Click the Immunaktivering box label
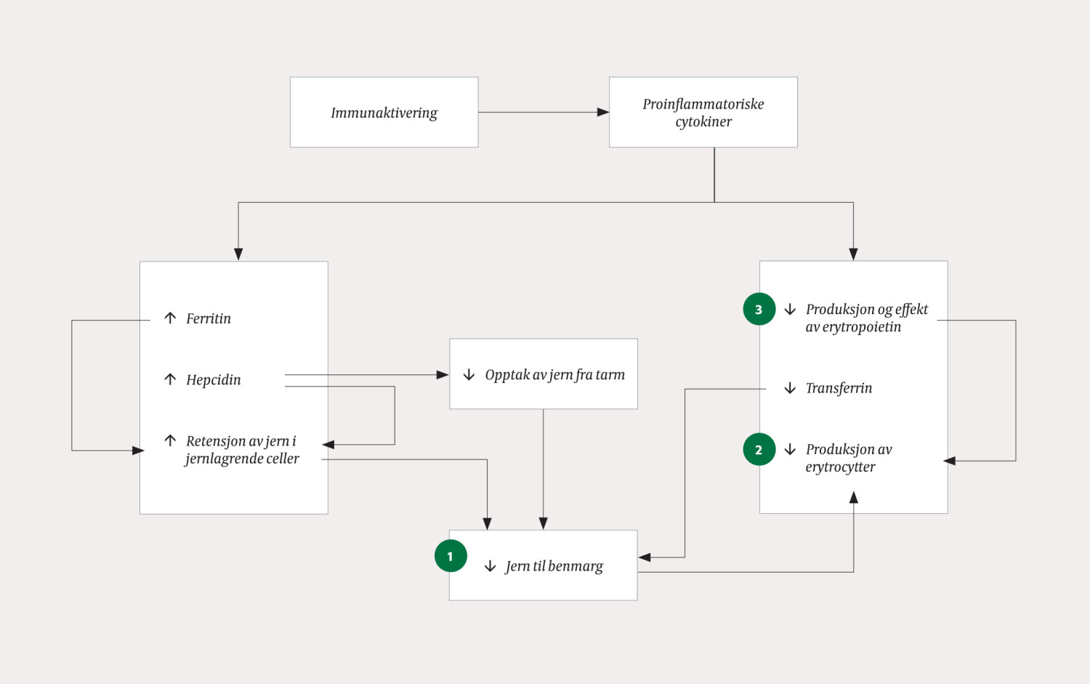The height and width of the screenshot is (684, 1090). point(384,113)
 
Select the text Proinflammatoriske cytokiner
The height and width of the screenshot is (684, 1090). point(703,113)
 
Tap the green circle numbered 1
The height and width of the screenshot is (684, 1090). point(451,556)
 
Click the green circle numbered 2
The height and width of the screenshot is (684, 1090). point(759,450)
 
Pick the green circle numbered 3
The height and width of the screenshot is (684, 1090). point(759,310)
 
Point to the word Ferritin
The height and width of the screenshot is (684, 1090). point(208,318)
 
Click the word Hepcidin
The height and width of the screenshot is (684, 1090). point(213,379)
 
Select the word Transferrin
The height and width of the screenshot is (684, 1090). point(839,388)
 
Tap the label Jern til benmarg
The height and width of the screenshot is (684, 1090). point(554,566)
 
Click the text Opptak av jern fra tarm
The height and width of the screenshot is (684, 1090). point(554,375)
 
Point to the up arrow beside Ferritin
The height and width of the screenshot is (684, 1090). point(170,318)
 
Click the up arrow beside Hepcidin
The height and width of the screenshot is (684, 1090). point(170,379)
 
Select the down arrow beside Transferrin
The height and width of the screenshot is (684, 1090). point(790,388)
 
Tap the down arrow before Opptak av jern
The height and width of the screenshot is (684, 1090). point(469,375)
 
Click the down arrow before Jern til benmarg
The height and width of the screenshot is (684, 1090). point(490,566)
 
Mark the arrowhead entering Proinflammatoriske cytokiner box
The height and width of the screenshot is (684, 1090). point(603,112)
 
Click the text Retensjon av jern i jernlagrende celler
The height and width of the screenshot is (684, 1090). point(241,450)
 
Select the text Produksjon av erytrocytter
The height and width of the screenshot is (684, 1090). point(848,458)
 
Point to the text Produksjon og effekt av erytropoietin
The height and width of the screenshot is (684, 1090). point(865,318)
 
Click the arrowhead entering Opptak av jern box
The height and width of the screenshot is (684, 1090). point(443,375)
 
